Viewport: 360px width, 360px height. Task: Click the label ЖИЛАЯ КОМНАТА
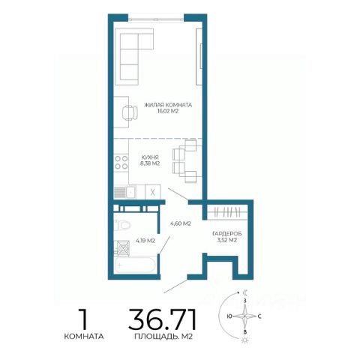pyautogui.click(x=168, y=105)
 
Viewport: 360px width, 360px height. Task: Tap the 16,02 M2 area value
pyautogui.click(x=168, y=112)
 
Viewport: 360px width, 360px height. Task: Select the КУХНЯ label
pyautogui.click(x=150, y=157)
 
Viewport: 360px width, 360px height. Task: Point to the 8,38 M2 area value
pyautogui.click(x=150, y=163)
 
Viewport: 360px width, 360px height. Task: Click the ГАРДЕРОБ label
pyautogui.click(x=227, y=234)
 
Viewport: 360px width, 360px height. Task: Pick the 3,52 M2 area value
pyautogui.click(x=227, y=240)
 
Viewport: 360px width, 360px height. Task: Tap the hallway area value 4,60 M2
pyautogui.click(x=181, y=223)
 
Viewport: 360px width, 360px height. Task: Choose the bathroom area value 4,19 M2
pyautogui.click(x=145, y=241)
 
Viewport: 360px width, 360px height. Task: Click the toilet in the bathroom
pyautogui.click(x=122, y=225)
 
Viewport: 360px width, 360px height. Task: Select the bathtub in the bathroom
pyautogui.click(x=135, y=265)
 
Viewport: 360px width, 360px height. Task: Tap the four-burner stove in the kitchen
pyautogui.click(x=121, y=163)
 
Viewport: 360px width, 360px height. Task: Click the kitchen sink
pyautogui.click(x=125, y=192)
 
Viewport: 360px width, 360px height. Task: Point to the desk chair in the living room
pyautogui.click(x=130, y=113)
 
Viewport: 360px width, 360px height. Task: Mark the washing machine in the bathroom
pyautogui.click(x=122, y=248)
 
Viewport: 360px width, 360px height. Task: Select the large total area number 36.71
pyautogui.click(x=163, y=319)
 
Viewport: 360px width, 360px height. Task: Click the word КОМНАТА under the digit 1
pyautogui.click(x=84, y=337)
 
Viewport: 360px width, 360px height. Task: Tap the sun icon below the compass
pyautogui.click(x=245, y=340)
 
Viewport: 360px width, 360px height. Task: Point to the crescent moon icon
pyautogui.click(x=245, y=292)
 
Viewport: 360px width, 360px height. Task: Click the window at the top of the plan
pyautogui.click(x=156, y=19)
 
